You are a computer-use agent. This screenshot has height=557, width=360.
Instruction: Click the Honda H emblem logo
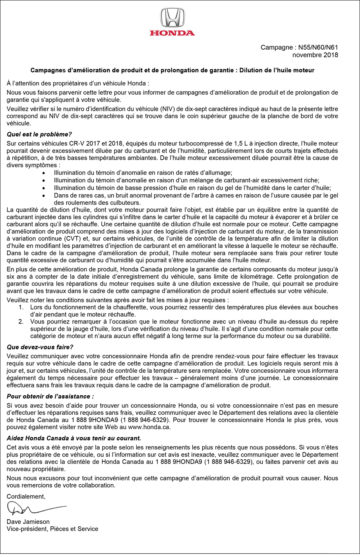coord(172,18)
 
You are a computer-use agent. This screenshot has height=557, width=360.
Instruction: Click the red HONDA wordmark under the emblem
coord(172,33)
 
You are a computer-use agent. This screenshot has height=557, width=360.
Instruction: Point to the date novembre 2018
coord(315,55)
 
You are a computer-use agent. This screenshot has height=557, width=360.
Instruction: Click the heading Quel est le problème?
coord(39,134)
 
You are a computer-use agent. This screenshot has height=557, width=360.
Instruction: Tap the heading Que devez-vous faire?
coord(40,347)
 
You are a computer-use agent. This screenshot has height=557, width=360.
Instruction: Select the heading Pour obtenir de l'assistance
coord(50,396)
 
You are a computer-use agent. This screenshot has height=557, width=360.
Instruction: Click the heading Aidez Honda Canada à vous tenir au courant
coord(74,438)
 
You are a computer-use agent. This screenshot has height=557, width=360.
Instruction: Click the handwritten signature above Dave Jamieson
coord(36,508)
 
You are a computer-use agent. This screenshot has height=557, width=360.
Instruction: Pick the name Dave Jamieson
coord(28,522)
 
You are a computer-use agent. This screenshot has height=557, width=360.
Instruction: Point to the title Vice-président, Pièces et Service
coord(52,529)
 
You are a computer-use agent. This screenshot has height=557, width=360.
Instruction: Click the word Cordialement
coord(26,496)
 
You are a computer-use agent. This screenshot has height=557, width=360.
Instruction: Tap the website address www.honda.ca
coord(149,427)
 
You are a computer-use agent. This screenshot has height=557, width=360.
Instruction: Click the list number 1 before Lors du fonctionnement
coord(21,307)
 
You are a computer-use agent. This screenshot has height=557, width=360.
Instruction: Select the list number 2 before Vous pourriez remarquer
coord(21,321)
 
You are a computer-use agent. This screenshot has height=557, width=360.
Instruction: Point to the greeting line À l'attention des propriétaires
coord(78,83)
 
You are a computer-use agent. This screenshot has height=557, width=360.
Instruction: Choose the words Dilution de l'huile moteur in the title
coord(277,70)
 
